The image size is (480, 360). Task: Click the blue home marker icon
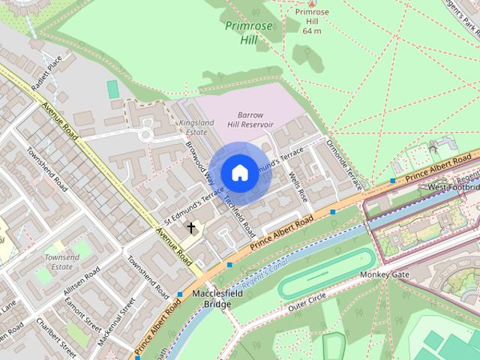(239, 172)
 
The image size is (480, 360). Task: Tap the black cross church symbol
(190, 228)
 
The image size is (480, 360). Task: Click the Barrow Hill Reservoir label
(250, 119)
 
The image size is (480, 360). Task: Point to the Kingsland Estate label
(196, 127)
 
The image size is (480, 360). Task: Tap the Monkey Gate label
(384, 274)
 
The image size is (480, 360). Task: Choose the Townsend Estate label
(61, 261)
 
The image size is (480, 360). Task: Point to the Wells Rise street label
(298, 187)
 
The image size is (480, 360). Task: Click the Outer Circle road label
(308, 301)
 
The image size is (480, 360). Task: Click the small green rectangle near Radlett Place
(112, 89)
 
